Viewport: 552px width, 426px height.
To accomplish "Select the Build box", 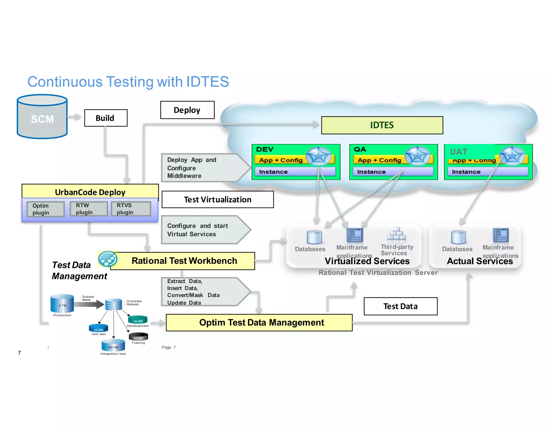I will (x=106, y=118).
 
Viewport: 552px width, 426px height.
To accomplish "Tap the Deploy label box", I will (x=187, y=110).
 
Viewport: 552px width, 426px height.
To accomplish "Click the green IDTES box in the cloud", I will (x=382, y=125).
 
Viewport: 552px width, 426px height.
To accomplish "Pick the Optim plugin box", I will (x=46, y=209).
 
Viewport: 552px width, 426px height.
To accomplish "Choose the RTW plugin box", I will (x=88, y=209).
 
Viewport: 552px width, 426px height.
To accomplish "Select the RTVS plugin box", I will (x=131, y=209).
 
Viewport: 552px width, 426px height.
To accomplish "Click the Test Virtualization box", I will (x=218, y=200).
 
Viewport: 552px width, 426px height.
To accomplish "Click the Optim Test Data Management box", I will (x=259, y=322).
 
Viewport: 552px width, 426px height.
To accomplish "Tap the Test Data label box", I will (x=400, y=306).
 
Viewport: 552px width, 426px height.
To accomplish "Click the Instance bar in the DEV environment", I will (x=295, y=172).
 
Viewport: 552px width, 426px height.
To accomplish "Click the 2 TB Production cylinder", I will (x=62, y=303).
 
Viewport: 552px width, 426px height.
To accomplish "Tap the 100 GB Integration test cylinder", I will (x=113, y=345).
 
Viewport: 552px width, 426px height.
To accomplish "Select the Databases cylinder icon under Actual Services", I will (x=458, y=237).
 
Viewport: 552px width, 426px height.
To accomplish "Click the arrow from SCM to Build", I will (x=74, y=117).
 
